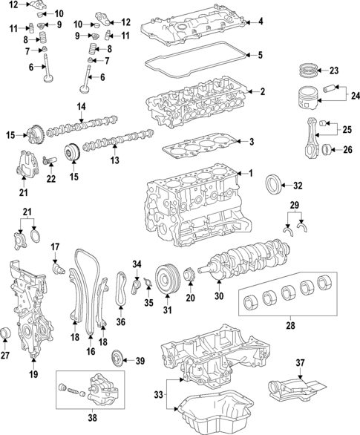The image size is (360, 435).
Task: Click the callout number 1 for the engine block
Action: click(250, 174)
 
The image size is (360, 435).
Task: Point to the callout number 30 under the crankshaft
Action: click(218, 296)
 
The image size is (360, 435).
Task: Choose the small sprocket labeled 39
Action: click(116, 361)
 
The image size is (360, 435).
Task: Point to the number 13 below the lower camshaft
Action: click(114, 160)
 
